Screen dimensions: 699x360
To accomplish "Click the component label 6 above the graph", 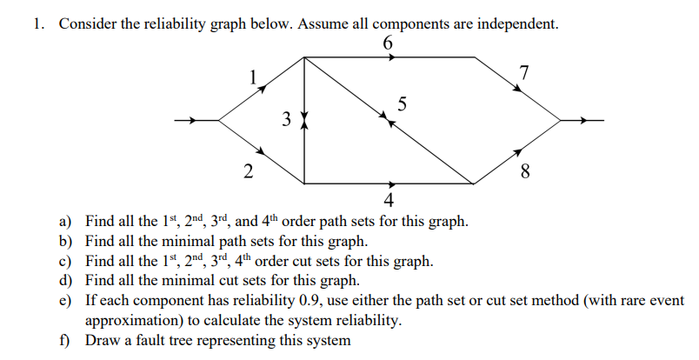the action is coord(388,43).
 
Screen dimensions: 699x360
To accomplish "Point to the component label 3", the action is coord(286,121).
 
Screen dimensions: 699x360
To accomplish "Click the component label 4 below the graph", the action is coord(388,202).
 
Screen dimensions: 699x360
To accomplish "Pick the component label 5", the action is coord(401,105).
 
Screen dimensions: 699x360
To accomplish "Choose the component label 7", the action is coord(523,73).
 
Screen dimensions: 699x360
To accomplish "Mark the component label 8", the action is coord(523,170).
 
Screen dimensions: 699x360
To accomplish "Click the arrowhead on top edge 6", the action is coord(393,57).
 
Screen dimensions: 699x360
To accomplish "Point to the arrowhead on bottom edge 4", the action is coord(392,184).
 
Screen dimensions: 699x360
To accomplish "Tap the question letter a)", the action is coord(66,222).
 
